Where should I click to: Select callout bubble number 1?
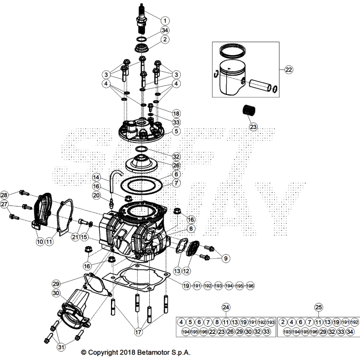point(165,21)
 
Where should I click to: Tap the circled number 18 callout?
point(162,113)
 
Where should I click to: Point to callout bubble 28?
point(4,195)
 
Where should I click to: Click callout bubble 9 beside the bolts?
point(225,258)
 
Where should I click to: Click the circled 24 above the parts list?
point(225,307)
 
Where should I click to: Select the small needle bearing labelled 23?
point(248,111)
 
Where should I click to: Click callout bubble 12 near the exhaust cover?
point(187,267)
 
